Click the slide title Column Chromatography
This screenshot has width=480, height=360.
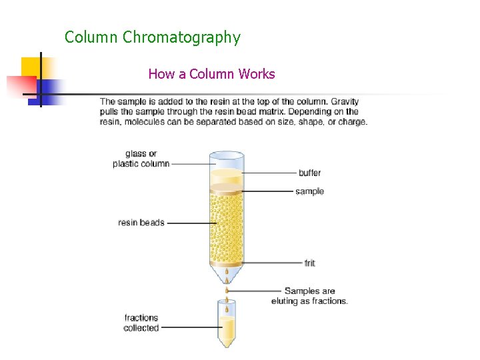point(152,37)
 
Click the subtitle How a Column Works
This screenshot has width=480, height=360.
point(211,73)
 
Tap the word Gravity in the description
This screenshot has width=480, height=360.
point(344,101)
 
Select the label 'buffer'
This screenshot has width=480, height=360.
point(309,173)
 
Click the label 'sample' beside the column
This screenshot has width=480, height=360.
point(309,191)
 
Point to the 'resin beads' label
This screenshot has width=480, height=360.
point(141,223)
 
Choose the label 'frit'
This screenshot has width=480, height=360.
point(309,263)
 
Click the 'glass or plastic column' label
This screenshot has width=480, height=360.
point(141,159)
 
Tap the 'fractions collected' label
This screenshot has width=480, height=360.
point(141,323)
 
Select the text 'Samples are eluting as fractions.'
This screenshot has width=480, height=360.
point(309,296)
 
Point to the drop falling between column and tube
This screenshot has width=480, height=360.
point(227,291)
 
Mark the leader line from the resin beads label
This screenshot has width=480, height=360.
point(187,223)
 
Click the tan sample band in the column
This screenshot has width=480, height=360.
point(227,188)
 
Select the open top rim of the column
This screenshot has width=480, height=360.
point(227,156)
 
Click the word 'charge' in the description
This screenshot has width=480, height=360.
point(352,121)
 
